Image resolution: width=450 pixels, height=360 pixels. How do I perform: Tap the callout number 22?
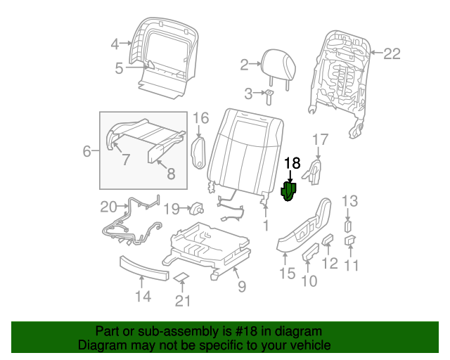pyautogui.click(x=392, y=51)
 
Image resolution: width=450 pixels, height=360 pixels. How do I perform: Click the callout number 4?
pyautogui.click(x=115, y=44)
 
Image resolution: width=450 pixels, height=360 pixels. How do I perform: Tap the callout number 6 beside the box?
pyautogui.click(x=87, y=150)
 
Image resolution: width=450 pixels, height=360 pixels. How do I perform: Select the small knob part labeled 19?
pyautogui.click(x=196, y=208)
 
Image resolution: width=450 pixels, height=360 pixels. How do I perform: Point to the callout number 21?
pyautogui.click(x=183, y=302)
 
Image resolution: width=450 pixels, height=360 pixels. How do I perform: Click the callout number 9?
pyautogui.click(x=241, y=286)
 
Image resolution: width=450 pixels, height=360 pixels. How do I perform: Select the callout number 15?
pyautogui.click(x=287, y=274)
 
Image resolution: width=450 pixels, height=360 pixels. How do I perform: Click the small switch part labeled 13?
pyautogui.click(x=348, y=226)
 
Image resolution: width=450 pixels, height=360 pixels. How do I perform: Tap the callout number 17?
pyautogui.click(x=320, y=139)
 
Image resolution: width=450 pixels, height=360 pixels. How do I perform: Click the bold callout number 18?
pyautogui.click(x=292, y=163)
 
